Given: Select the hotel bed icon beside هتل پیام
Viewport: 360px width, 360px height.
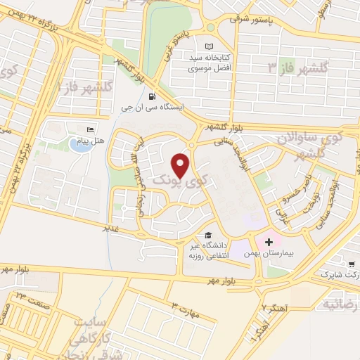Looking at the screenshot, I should pos(89,130).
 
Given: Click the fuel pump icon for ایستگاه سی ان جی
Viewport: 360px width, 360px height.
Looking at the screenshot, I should pos(153,97).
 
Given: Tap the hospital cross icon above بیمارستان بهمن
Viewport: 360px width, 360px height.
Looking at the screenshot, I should pos(268,242).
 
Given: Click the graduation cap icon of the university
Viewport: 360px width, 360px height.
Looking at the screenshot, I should pos(207,236).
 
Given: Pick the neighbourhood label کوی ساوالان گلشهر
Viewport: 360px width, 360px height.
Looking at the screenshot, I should pos(316,140).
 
